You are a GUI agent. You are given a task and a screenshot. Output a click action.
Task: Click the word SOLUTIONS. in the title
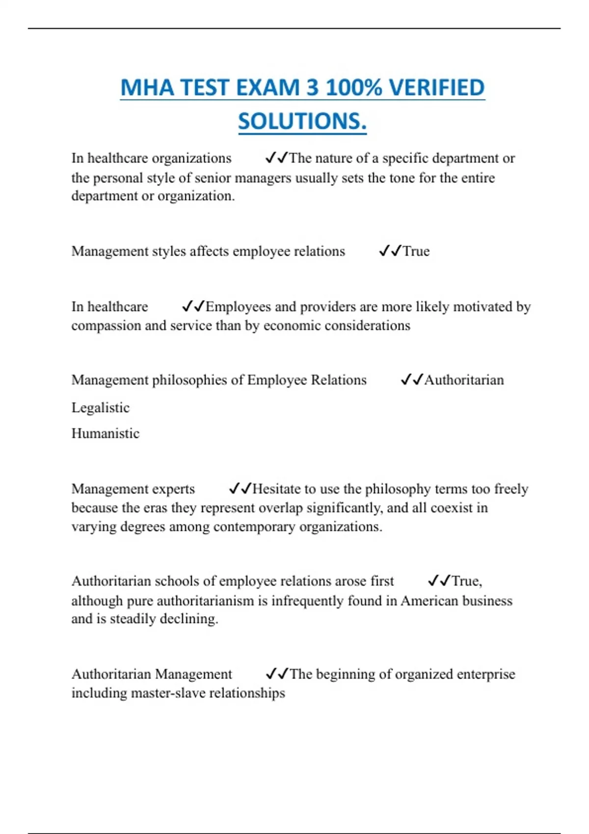tap(302, 121)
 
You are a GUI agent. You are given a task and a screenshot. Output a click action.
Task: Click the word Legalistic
tap(101, 408)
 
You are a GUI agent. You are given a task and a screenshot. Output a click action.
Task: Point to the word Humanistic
tap(106, 433)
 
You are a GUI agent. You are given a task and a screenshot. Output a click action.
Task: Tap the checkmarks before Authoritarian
tap(411, 380)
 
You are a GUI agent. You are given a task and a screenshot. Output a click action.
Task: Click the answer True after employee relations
tap(416, 251)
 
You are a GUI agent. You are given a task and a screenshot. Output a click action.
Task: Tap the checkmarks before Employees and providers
tap(193, 307)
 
